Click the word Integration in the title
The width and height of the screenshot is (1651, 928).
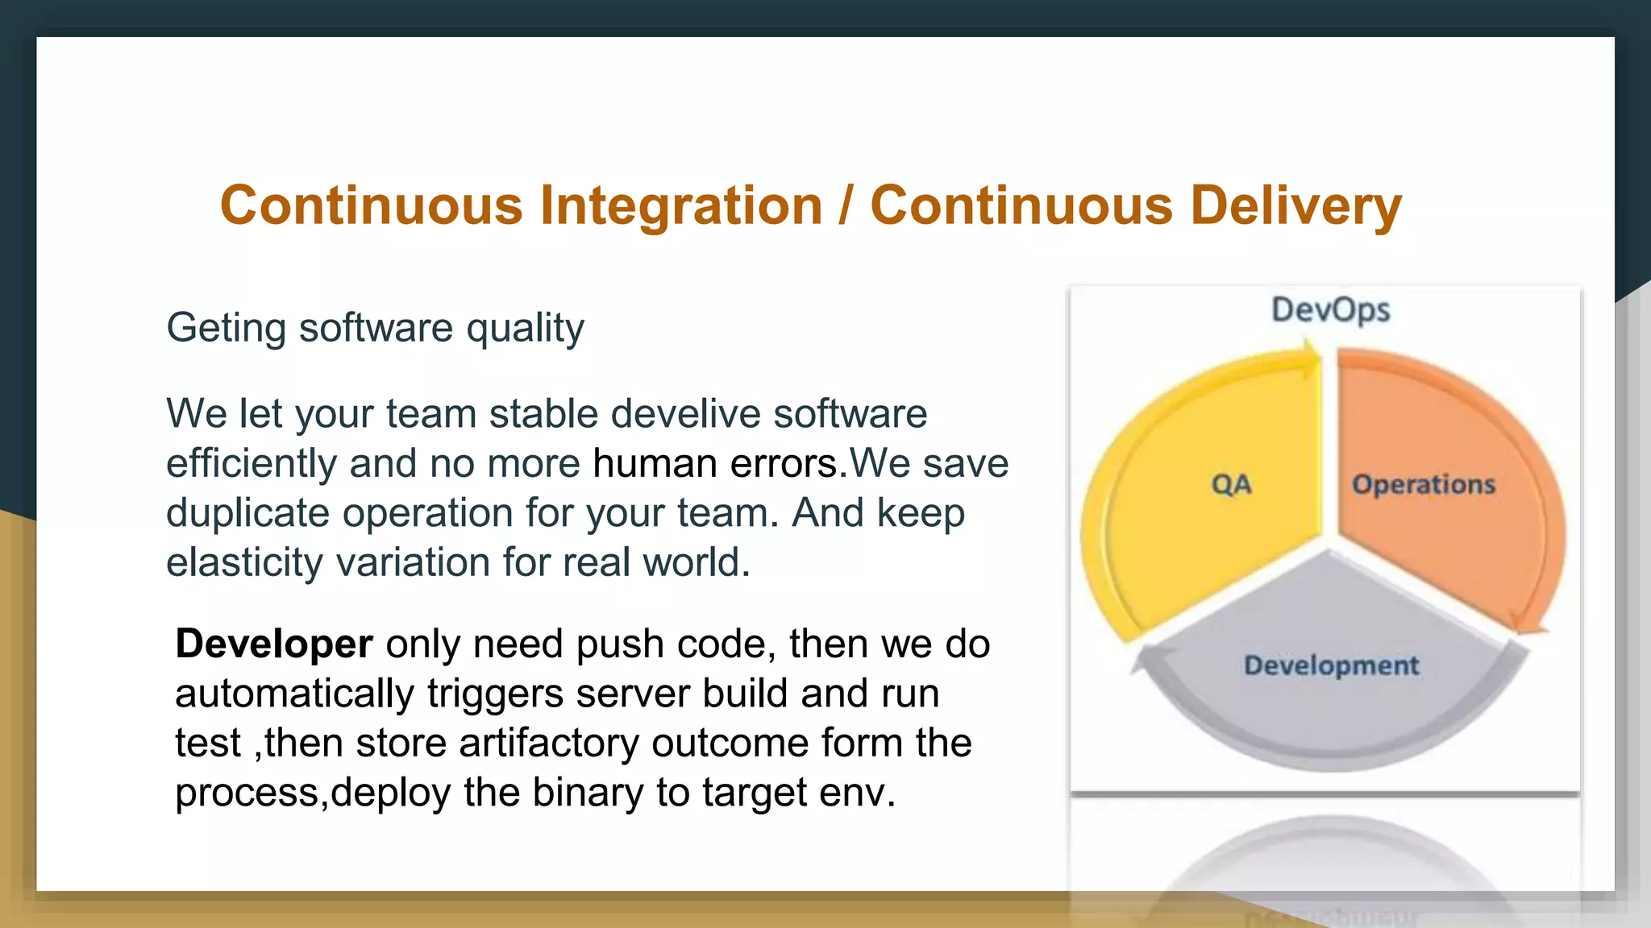point(680,205)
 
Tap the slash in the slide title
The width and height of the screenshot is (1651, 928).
point(845,205)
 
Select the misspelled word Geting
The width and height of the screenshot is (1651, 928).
point(226,329)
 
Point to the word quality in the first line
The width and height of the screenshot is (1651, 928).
point(525,329)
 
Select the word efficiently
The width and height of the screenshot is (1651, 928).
point(251,464)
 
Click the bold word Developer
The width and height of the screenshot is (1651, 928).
point(274,644)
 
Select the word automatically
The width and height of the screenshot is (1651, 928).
point(294,694)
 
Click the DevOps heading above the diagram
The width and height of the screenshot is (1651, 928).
point(1330,310)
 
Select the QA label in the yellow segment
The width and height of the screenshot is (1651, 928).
point(1231,484)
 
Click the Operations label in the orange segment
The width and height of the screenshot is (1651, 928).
point(1423,484)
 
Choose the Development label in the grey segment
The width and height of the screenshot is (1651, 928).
point(1331,665)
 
